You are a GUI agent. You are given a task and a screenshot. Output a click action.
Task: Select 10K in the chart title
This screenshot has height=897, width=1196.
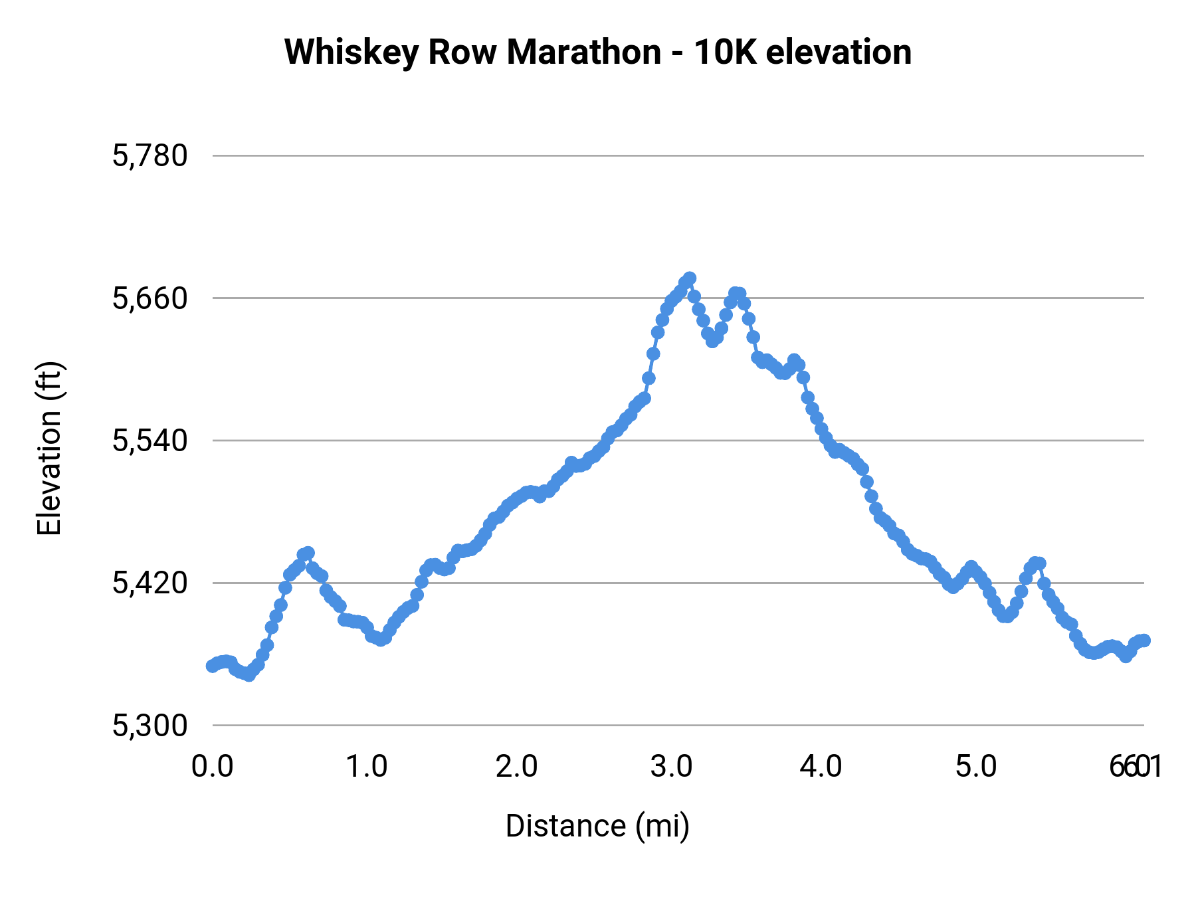(725, 52)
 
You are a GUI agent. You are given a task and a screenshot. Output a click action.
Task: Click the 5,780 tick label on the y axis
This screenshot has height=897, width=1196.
(150, 156)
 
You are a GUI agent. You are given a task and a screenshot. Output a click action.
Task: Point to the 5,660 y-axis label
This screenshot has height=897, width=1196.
(150, 298)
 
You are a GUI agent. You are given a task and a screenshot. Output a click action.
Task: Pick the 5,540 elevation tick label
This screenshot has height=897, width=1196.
(150, 441)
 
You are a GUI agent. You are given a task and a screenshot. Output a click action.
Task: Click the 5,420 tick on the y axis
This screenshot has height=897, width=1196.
(150, 583)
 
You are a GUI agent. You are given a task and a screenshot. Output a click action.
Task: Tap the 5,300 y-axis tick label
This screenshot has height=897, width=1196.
(150, 726)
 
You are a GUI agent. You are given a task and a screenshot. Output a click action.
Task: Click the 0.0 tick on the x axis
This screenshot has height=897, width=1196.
(213, 767)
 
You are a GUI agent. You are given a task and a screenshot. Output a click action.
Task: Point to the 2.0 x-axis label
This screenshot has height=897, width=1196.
(517, 767)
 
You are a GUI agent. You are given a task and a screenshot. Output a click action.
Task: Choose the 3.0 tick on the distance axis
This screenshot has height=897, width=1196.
(671, 767)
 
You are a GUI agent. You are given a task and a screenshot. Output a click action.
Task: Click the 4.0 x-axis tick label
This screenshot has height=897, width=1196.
(821, 767)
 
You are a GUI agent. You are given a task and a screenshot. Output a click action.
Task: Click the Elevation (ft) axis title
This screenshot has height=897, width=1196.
(49, 448)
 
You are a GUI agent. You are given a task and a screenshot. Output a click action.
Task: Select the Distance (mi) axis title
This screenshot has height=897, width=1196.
(597, 826)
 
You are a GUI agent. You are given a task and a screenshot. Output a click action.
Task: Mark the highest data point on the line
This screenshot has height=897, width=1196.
(690, 278)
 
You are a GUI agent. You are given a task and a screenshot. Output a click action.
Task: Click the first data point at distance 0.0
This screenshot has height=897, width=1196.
(212, 666)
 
